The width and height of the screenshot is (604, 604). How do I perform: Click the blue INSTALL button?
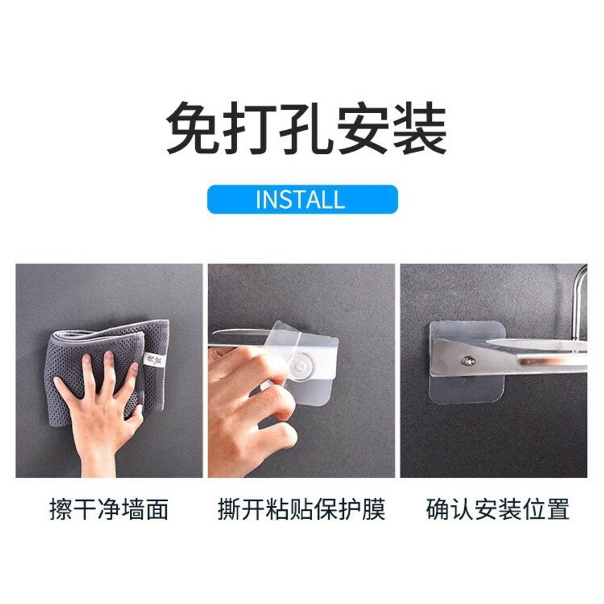click(x=303, y=199)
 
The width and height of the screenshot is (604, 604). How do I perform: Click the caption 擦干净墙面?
click(x=109, y=509)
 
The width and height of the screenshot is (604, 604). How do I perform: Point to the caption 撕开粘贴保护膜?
click(x=301, y=509)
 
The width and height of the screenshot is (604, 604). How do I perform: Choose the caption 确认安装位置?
click(x=498, y=509)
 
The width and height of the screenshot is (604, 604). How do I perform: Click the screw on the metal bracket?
click(x=468, y=362)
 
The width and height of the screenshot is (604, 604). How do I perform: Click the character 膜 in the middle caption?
click(x=373, y=509)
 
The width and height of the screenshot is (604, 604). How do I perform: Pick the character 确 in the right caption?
click(x=438, y=509)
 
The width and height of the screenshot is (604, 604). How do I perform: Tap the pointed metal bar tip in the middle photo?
click(x=214, y=333)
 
